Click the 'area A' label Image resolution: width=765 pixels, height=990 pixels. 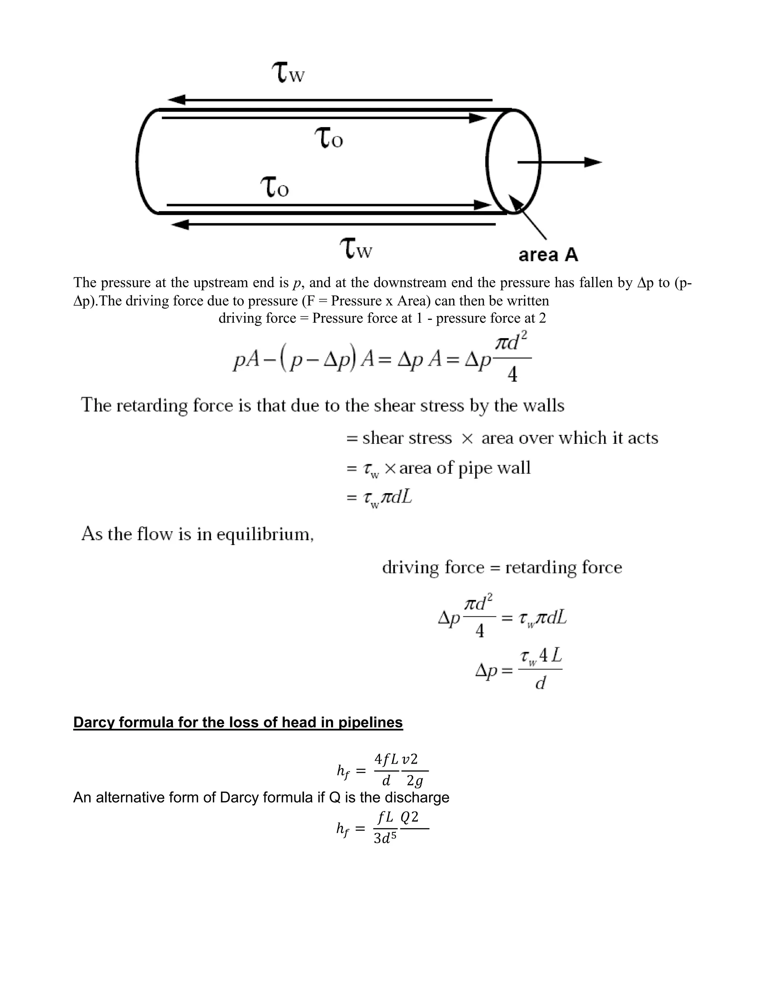[548, 255]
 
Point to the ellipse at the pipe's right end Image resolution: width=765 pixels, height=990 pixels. [514, 161]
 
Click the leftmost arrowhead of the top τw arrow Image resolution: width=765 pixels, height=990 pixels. [177, 100]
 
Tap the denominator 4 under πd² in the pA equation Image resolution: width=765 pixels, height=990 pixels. [512, 374]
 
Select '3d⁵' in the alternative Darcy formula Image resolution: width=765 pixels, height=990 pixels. [385, 839]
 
